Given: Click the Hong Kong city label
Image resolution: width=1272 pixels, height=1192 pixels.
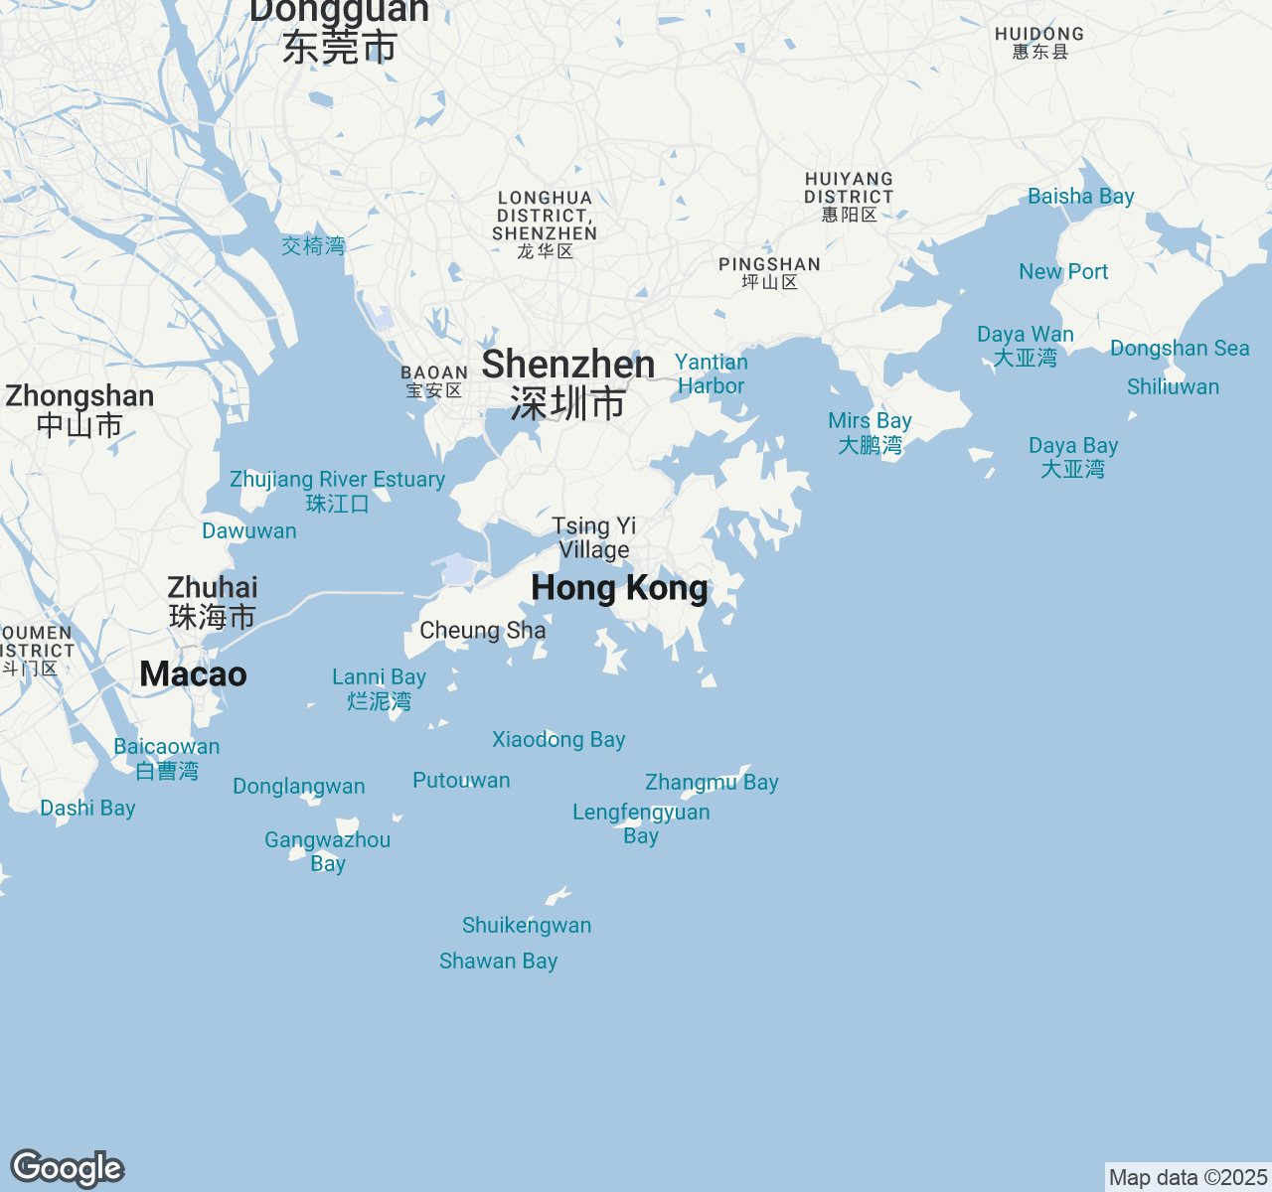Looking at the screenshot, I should (619, 588).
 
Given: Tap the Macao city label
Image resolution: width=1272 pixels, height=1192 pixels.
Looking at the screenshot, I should (193, 674).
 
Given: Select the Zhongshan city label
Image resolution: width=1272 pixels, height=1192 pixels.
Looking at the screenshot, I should (79, 409).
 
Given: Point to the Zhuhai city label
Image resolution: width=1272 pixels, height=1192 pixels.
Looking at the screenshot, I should (213, 602).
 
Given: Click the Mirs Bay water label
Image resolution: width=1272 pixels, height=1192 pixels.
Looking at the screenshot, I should (870, 432).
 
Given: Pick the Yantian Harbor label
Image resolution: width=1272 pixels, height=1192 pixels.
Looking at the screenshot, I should (712, 373).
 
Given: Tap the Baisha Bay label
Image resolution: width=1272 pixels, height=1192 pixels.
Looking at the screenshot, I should (1081, 197).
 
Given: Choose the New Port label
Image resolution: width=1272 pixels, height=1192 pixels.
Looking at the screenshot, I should (1063, 272).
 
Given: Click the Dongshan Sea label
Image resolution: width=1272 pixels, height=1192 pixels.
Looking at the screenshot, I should (1180, 349).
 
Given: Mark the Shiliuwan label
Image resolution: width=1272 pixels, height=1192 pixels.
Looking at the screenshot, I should (1173, 387).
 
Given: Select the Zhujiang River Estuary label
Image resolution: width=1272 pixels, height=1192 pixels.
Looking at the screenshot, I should (338, 491).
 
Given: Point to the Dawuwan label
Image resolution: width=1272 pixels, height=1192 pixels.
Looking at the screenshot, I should (249, 531).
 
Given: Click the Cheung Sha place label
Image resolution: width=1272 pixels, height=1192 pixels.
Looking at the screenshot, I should (483, 631).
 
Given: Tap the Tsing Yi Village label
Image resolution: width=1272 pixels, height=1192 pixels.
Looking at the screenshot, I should (594, 537).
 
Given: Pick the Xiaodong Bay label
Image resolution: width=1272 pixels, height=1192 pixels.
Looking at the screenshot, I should (558, 740).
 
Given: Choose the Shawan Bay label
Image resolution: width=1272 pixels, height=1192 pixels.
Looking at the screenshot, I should (499, 962).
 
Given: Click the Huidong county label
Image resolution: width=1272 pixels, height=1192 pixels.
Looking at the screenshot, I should (1039, 42).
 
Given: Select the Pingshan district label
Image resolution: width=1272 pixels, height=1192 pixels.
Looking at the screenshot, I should (770, 272).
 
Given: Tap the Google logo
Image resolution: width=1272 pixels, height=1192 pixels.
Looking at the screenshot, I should (67, 1168).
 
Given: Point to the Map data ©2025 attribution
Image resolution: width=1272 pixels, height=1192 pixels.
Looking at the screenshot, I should (1188, 1178).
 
